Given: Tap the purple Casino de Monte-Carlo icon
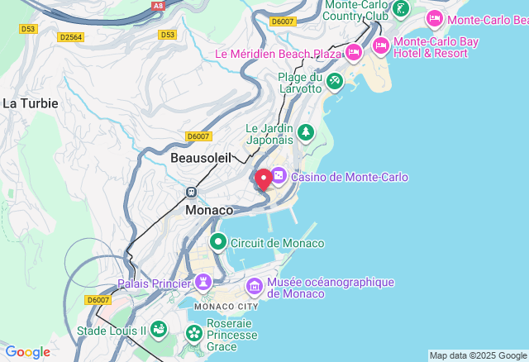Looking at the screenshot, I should (x=279, y=176).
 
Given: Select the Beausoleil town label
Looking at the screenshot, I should (x=200, y=157).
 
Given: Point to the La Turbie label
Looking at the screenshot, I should (x=31, y=103).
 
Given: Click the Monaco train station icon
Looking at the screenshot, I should (x=191, y=192).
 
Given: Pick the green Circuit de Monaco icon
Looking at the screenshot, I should (x=218, y=242).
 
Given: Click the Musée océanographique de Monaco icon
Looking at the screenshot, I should (x=254, y=287).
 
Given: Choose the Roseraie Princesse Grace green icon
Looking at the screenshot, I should (x=194, y=335).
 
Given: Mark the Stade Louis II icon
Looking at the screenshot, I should (x=158, y=330).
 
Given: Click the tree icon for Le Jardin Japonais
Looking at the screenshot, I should (x=306, y=132).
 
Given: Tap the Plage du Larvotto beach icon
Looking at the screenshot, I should (x=334, y=82).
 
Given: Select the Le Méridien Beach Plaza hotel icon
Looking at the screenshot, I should (x=354, y=54).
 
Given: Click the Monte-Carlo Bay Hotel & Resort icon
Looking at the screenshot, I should (x=381, y=46).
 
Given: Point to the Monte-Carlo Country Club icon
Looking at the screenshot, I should (x=401, y=10).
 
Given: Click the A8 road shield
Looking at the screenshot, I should (x=158, y=6).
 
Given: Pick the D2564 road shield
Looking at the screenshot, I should (x=71, y=36).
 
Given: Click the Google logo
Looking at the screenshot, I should (x=27, y=352).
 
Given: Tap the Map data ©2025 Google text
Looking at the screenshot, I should (x=477, y=355).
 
